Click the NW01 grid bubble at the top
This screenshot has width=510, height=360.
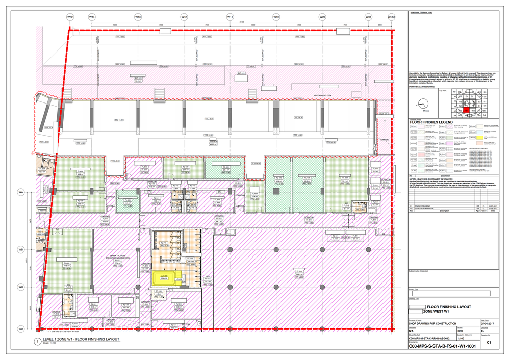(70, 17)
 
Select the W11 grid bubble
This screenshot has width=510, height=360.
(230, 17)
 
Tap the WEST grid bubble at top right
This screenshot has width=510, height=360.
(392, 17)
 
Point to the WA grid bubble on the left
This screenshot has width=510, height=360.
(21, 192)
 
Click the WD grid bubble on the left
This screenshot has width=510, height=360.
(21, 329)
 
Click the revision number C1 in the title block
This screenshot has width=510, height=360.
(489, 343)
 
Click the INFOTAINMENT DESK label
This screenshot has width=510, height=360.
(323, 95)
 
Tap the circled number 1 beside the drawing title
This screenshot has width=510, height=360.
(37, 341)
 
